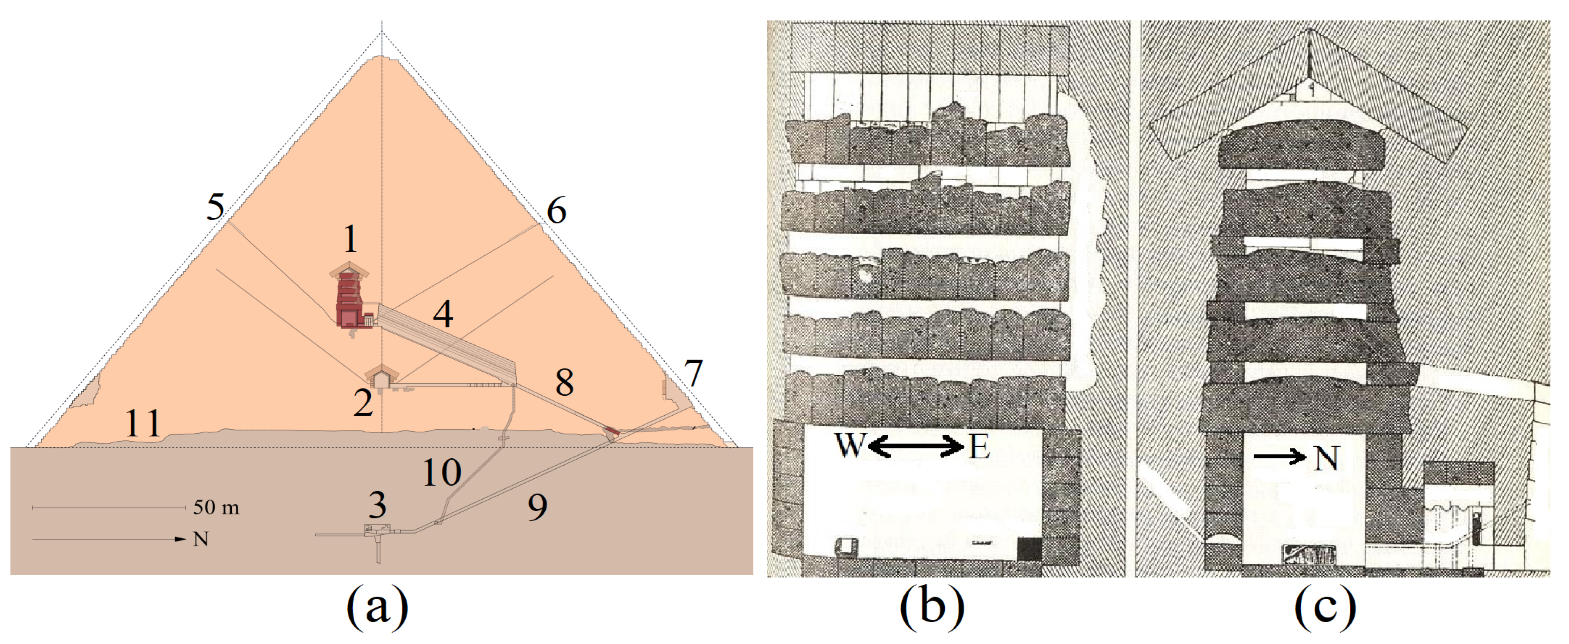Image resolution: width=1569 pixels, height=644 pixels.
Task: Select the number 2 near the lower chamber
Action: tap(363, 403)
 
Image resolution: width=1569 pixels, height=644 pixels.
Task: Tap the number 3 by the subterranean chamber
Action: tap(377, 504)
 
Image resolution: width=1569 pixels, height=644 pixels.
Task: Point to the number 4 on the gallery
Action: tap(443, 314)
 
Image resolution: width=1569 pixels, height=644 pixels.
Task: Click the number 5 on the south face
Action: tap(215, 207)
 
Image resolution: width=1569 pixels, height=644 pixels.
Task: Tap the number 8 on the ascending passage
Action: tap(564, 383)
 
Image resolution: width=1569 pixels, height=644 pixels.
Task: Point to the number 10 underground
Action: tap(442, 472)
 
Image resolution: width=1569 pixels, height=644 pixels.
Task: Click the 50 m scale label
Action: tap(216, 507)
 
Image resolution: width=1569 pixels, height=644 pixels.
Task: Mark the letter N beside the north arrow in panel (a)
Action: tap(200, 539)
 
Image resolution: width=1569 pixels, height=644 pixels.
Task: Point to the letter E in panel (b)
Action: tap(979, 447)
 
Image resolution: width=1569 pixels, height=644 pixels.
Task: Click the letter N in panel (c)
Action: tap(1326, 458)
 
